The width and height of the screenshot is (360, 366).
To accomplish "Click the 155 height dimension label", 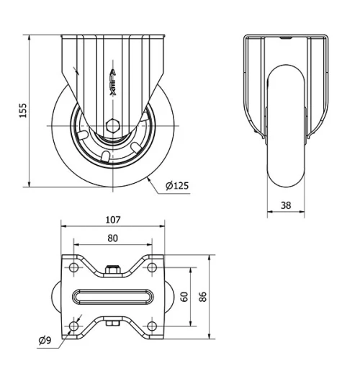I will [x=23, y=110].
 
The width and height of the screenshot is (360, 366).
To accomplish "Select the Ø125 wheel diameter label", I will [x=177, y=186].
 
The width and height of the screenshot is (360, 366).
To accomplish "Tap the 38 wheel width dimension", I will [x=286, y=205].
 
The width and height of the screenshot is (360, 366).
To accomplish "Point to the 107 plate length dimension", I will [x=113, y=220].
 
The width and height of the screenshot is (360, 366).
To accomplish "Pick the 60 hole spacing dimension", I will [x=184, y=297].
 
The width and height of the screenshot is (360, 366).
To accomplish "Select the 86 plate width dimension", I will [x=203, y=297].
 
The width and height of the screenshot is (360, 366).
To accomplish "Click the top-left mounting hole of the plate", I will [x=74, y=268].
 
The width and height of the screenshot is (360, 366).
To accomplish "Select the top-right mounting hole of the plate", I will [x=151, y=268].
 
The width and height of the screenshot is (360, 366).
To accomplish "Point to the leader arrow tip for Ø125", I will [x=148, y=177].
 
